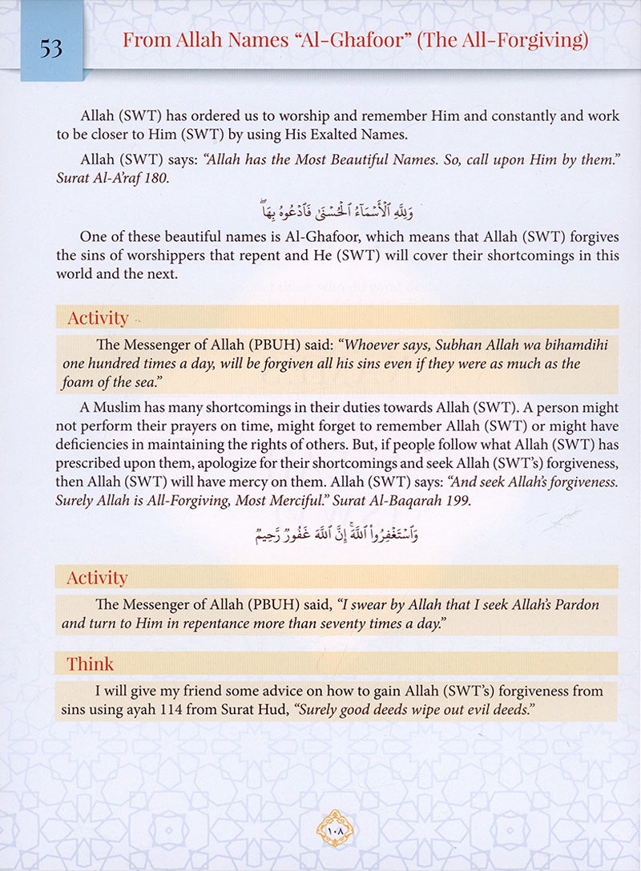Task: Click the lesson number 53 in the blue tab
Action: click(51, 49)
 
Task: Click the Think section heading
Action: click(90, 664)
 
